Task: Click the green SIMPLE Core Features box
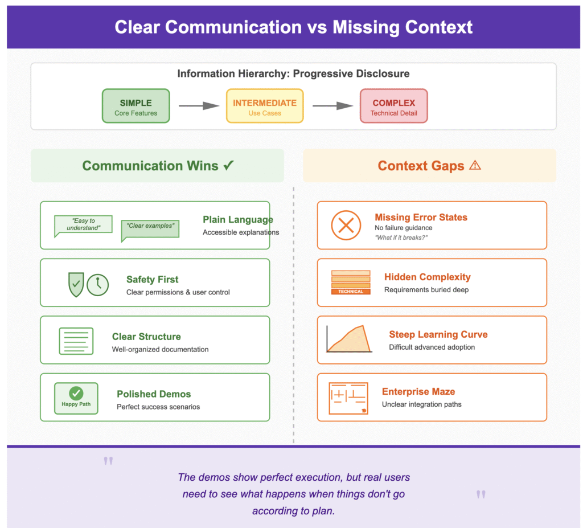[x=136, y=106]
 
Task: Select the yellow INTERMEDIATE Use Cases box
[x=264, y=106]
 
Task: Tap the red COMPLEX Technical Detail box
[x=393, y=106]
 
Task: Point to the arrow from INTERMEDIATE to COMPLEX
[x=332, y=106]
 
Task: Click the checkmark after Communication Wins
[x=228, y=166]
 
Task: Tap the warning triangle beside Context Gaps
[x=475, y=166]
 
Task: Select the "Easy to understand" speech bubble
[x=83, y=225]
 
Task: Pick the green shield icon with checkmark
[x=76, y=284]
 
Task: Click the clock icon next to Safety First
[x=98, y=284]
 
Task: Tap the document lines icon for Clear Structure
[x=76, y=341]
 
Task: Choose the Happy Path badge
[x=76, y=398]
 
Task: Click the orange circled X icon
[x=346, y=225]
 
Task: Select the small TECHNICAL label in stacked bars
[x=351, y=291]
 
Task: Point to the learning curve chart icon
[x=349, y=339]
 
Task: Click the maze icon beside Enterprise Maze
[x=348, y=398]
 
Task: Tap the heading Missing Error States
[x=421, y=217]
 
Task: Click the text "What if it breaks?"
[x=401, y=238]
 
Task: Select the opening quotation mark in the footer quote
[x=108, y=461]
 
